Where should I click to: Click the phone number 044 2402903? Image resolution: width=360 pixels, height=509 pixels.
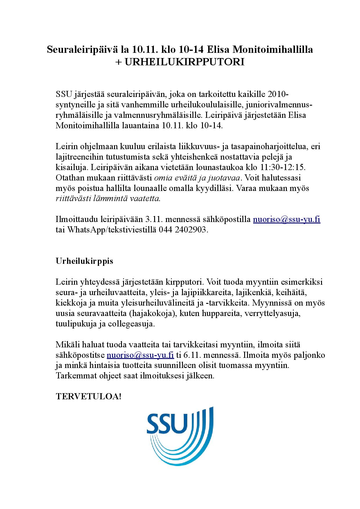(x=183, y=230)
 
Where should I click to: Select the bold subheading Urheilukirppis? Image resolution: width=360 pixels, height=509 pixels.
(x=84, y=261)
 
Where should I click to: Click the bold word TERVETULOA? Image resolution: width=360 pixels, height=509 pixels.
(x=88, y=397)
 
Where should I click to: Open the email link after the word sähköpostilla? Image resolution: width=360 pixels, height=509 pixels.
(x=287, y=219)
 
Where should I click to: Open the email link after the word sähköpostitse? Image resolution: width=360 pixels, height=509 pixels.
(x=140, y=355)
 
